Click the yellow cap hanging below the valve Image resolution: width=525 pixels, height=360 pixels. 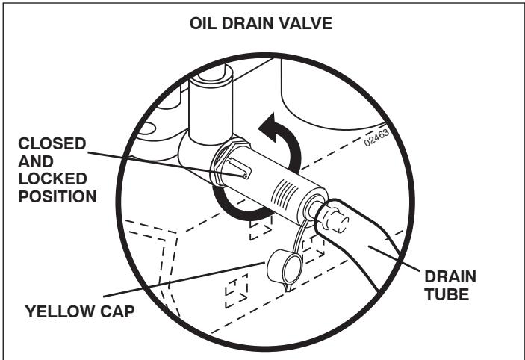[279, 264]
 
